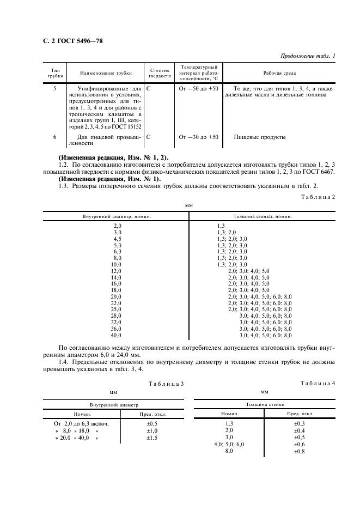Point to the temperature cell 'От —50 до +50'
click(198, 88)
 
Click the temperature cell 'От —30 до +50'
click(198, 137)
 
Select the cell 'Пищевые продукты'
click(259, 137)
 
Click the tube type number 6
click(54, 137)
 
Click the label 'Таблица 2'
click(318, 197)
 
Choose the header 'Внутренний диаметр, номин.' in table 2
click(117, 216)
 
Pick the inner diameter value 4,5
click(117, 239)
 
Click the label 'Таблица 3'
click(166, 384)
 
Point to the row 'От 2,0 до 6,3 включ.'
click(81, 423)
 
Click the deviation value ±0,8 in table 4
click(300, 452)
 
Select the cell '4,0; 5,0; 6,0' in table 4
click(229, 445)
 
